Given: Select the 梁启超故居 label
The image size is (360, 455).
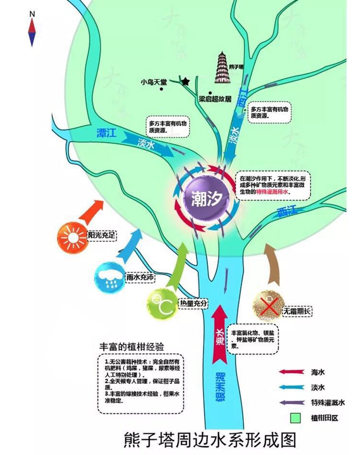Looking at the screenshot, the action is [x=216, y=99].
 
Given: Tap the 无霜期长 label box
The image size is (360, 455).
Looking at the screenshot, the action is [x=297, y=311].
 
